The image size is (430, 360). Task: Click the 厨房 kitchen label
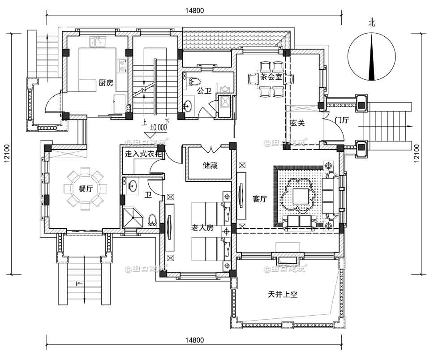pos(106,82)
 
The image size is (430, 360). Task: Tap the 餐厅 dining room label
pos(86,189)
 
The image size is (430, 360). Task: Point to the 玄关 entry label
pos(297,123)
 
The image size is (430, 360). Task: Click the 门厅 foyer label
pos(342,120)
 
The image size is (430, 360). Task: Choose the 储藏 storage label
pos(210,166)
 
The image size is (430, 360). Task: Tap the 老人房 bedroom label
pos(202,228)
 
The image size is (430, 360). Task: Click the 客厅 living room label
pos(259,199)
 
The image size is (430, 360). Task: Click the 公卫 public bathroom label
pos(204,90)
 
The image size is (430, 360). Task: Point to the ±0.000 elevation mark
pos(157,127)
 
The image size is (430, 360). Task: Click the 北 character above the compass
pos(371,21)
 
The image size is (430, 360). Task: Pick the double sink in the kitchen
pos(97,43)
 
